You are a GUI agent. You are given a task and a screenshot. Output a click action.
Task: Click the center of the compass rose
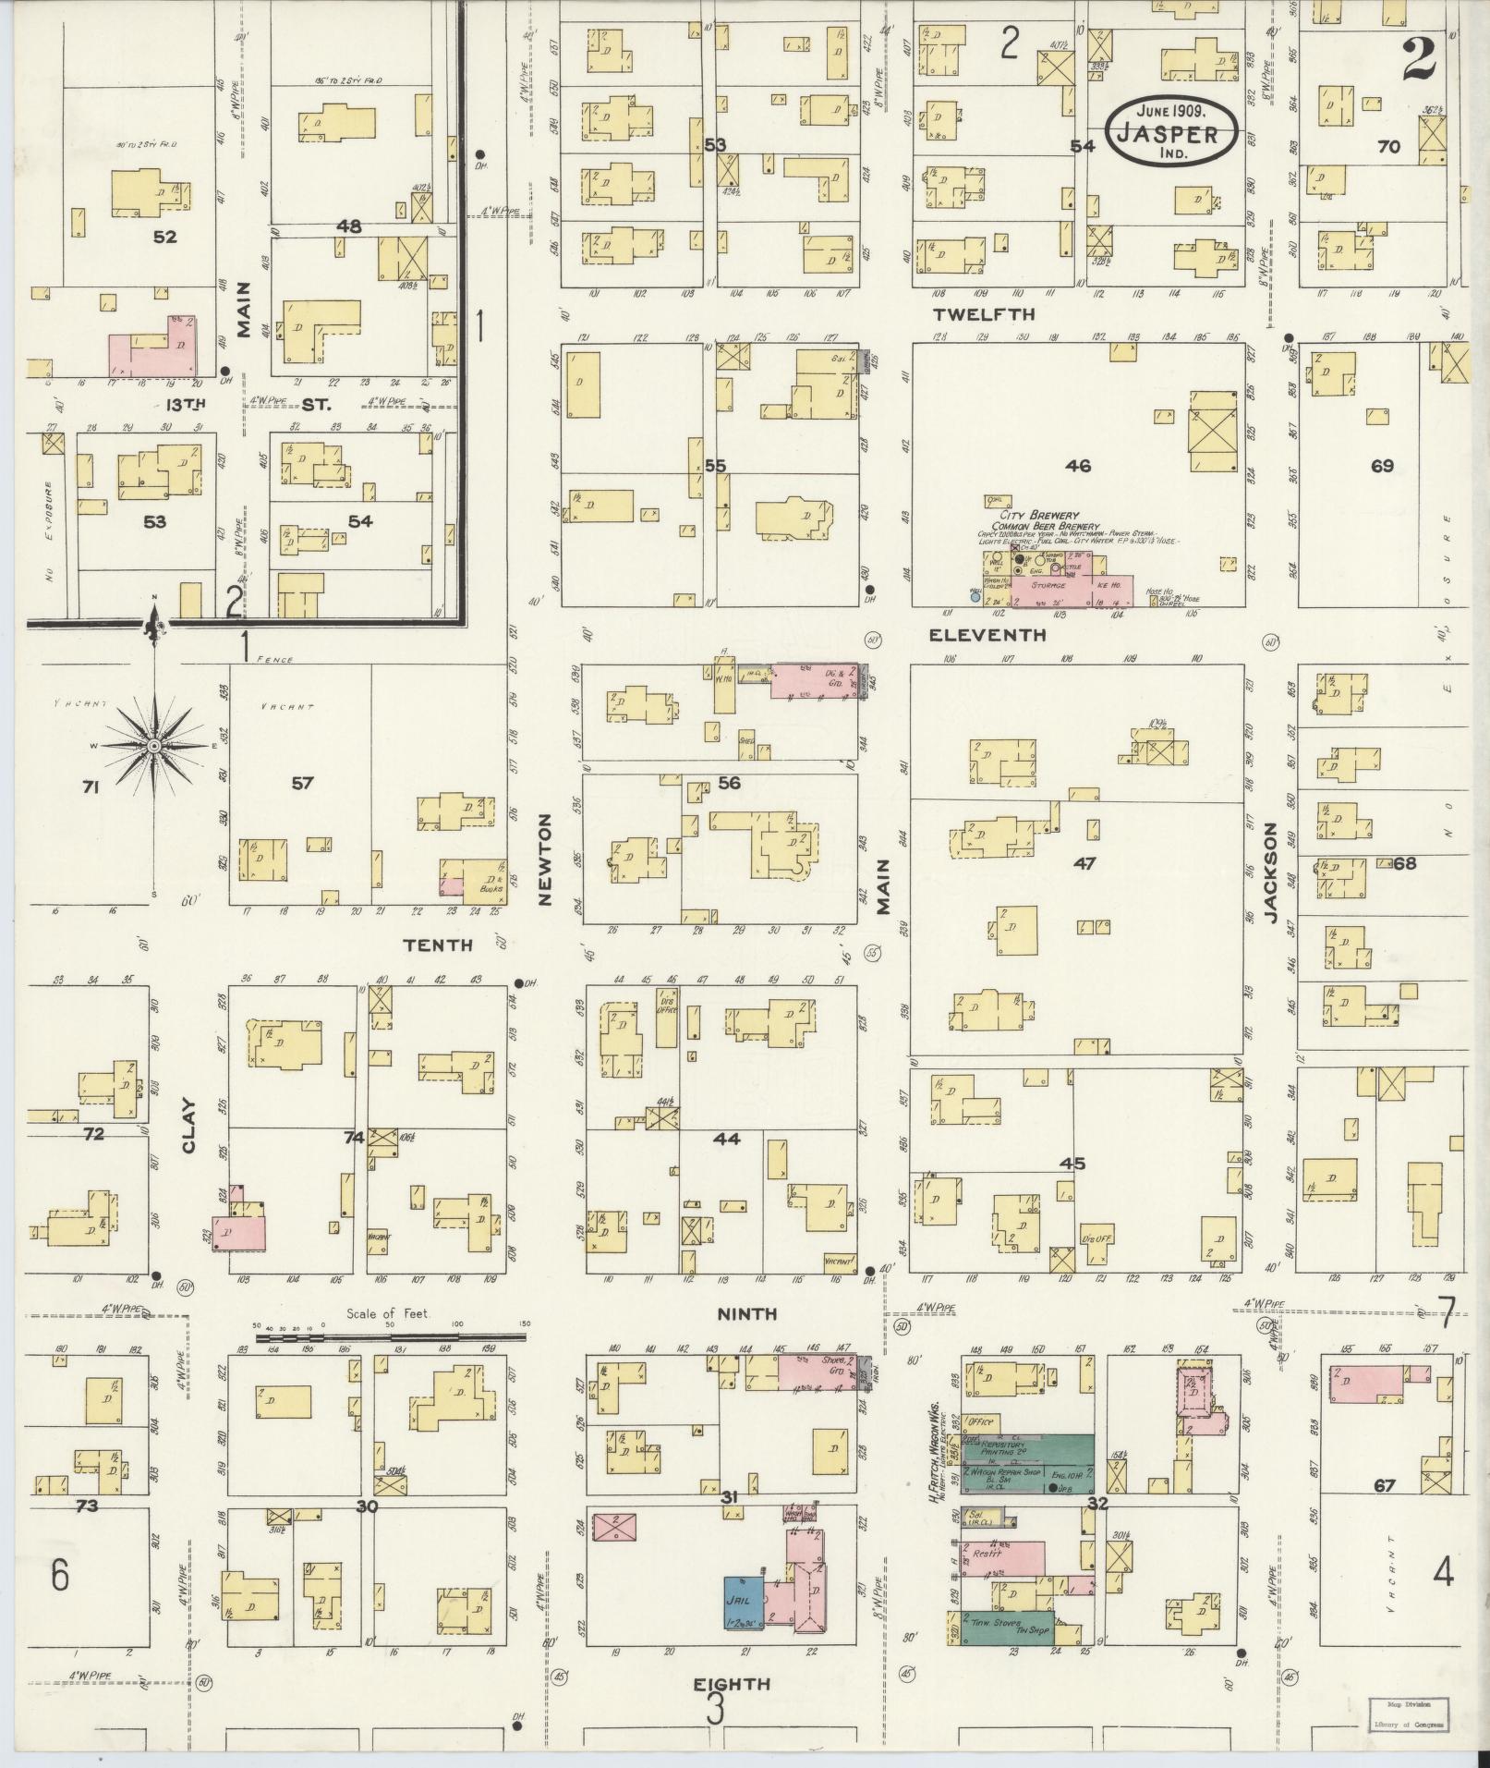(x=154, y=745)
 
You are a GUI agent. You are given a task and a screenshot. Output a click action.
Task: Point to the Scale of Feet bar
(x=392, y=1336)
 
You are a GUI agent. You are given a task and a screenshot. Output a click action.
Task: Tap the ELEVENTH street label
(x=987, y=635)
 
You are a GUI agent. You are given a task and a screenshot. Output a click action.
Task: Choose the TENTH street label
(x=438, y=944)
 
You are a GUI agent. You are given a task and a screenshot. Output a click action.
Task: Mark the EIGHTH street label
(x=732, y=1684)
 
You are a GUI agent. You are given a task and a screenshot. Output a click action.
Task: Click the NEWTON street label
(x=544, y=859)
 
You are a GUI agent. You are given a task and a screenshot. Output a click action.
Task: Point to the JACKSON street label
(x=1271, y=873)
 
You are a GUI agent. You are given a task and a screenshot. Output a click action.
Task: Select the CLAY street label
(x=190, y=1125)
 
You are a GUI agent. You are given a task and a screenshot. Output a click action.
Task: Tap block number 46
(x=1077, y=466)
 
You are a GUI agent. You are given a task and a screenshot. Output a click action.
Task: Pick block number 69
(x=1382, y=466)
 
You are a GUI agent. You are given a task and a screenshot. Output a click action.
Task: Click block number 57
(x=302, y=784)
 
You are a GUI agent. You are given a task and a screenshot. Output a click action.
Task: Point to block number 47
(x=1084, y=863)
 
